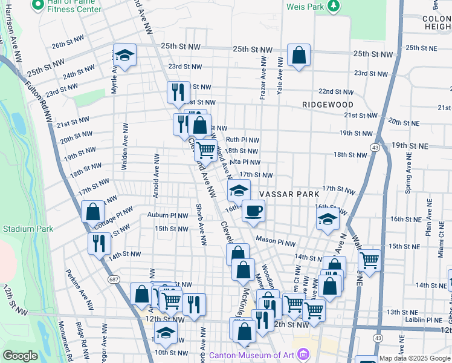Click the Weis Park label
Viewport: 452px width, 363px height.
pyautogui.click(x=306, y=5)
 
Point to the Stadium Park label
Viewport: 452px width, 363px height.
pyautogui.click(x=28, y=229)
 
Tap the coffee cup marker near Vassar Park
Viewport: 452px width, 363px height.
pyautogui.click(x=253, y=211)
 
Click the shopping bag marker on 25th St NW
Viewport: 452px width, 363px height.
pyautogui.click(x=299, y=56)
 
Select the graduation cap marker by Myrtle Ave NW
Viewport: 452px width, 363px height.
pyautogui.click(x=124, y=56)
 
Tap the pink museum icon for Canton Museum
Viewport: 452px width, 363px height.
pyautogui.click(x=303, y=353)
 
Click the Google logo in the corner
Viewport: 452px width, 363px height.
pyautogui.click(x=20, y=356)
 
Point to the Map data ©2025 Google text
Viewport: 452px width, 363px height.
pyautogui.click(x=414, y=358)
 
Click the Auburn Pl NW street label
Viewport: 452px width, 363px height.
pyautogui.click(x=167, y=215)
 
